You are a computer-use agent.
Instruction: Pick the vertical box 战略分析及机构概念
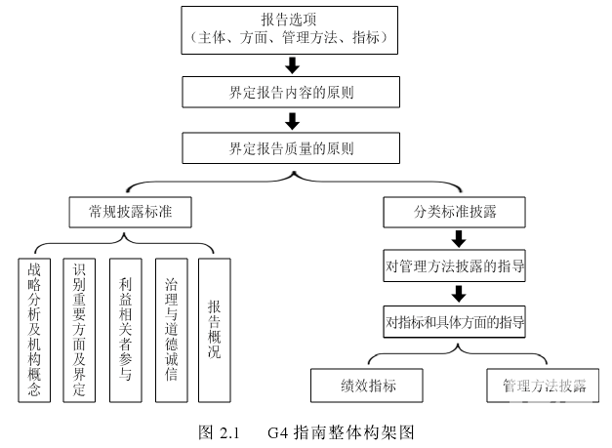(x=35, y=329)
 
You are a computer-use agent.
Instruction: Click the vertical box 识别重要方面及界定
(x=80, y=329)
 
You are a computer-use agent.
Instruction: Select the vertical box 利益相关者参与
(x=125, y=329)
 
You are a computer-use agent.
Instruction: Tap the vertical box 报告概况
(x=215, y=329)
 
